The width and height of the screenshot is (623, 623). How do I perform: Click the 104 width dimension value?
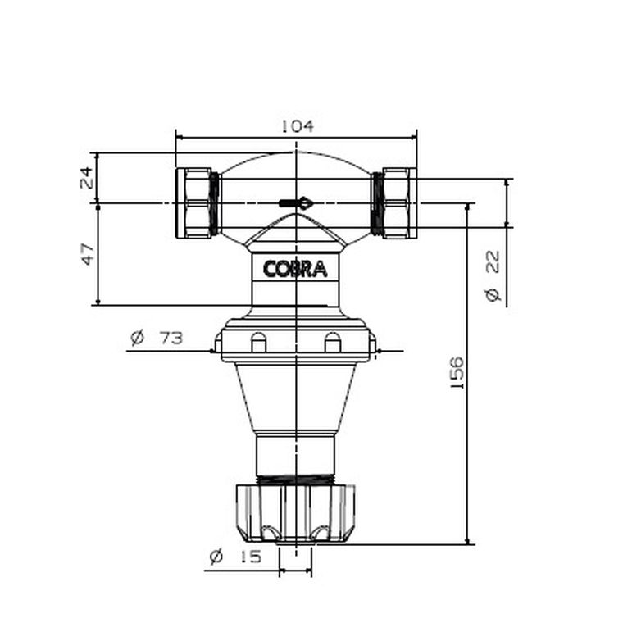pyautogui.click(x=297, y=126)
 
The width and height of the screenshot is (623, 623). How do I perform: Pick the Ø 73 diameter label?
pyautogui.click(x=156, y=337)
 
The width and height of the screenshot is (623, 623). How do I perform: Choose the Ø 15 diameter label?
pyautogui.click(x=234, y=557)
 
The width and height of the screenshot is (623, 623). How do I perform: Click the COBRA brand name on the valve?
pyautogui.click(x=295, y=269)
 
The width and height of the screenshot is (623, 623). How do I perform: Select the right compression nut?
pyautogui.click(x=400, y=202)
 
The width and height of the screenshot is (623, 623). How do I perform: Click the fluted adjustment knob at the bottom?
pyautogui.click(x=296, y=512)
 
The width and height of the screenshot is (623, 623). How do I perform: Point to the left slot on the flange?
pyautogui.click(x=258, y=342)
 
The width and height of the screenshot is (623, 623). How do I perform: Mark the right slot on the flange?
pyautogui.click(x=332, y=342)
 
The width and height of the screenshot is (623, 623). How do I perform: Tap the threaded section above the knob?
pyautogui.click(x=296, y=477)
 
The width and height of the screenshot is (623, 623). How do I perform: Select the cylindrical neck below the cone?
pyautogui.click(x=296, y=452)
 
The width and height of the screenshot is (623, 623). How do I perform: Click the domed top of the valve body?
pyautogui.click(x=296, y=168)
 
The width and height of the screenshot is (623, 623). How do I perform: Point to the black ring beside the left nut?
pyautogui.click(x=215, y=202)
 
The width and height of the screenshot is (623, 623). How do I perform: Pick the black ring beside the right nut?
pyautogui.click(x=378, y=202)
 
